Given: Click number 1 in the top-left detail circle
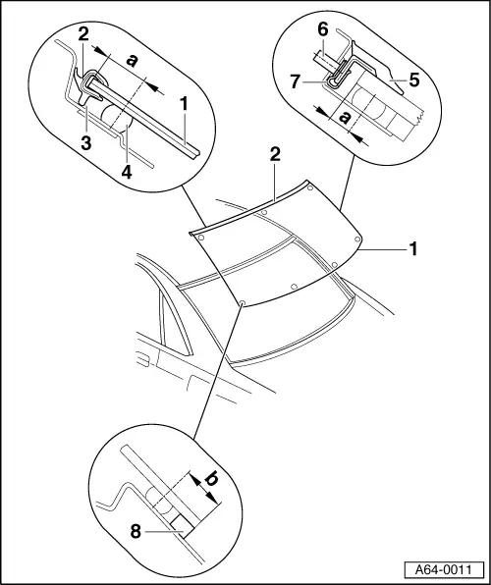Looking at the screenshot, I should coord(183,101).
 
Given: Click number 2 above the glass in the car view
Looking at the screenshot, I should coord(277,154).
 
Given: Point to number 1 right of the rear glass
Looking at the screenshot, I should coord(413,250).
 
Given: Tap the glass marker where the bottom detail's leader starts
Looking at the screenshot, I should coord(241,302).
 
